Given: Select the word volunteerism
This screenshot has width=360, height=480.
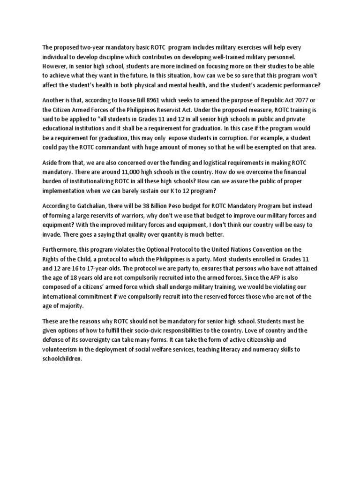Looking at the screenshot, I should coord(62,349).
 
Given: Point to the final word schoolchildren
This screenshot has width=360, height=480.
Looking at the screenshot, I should coord(62,359).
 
